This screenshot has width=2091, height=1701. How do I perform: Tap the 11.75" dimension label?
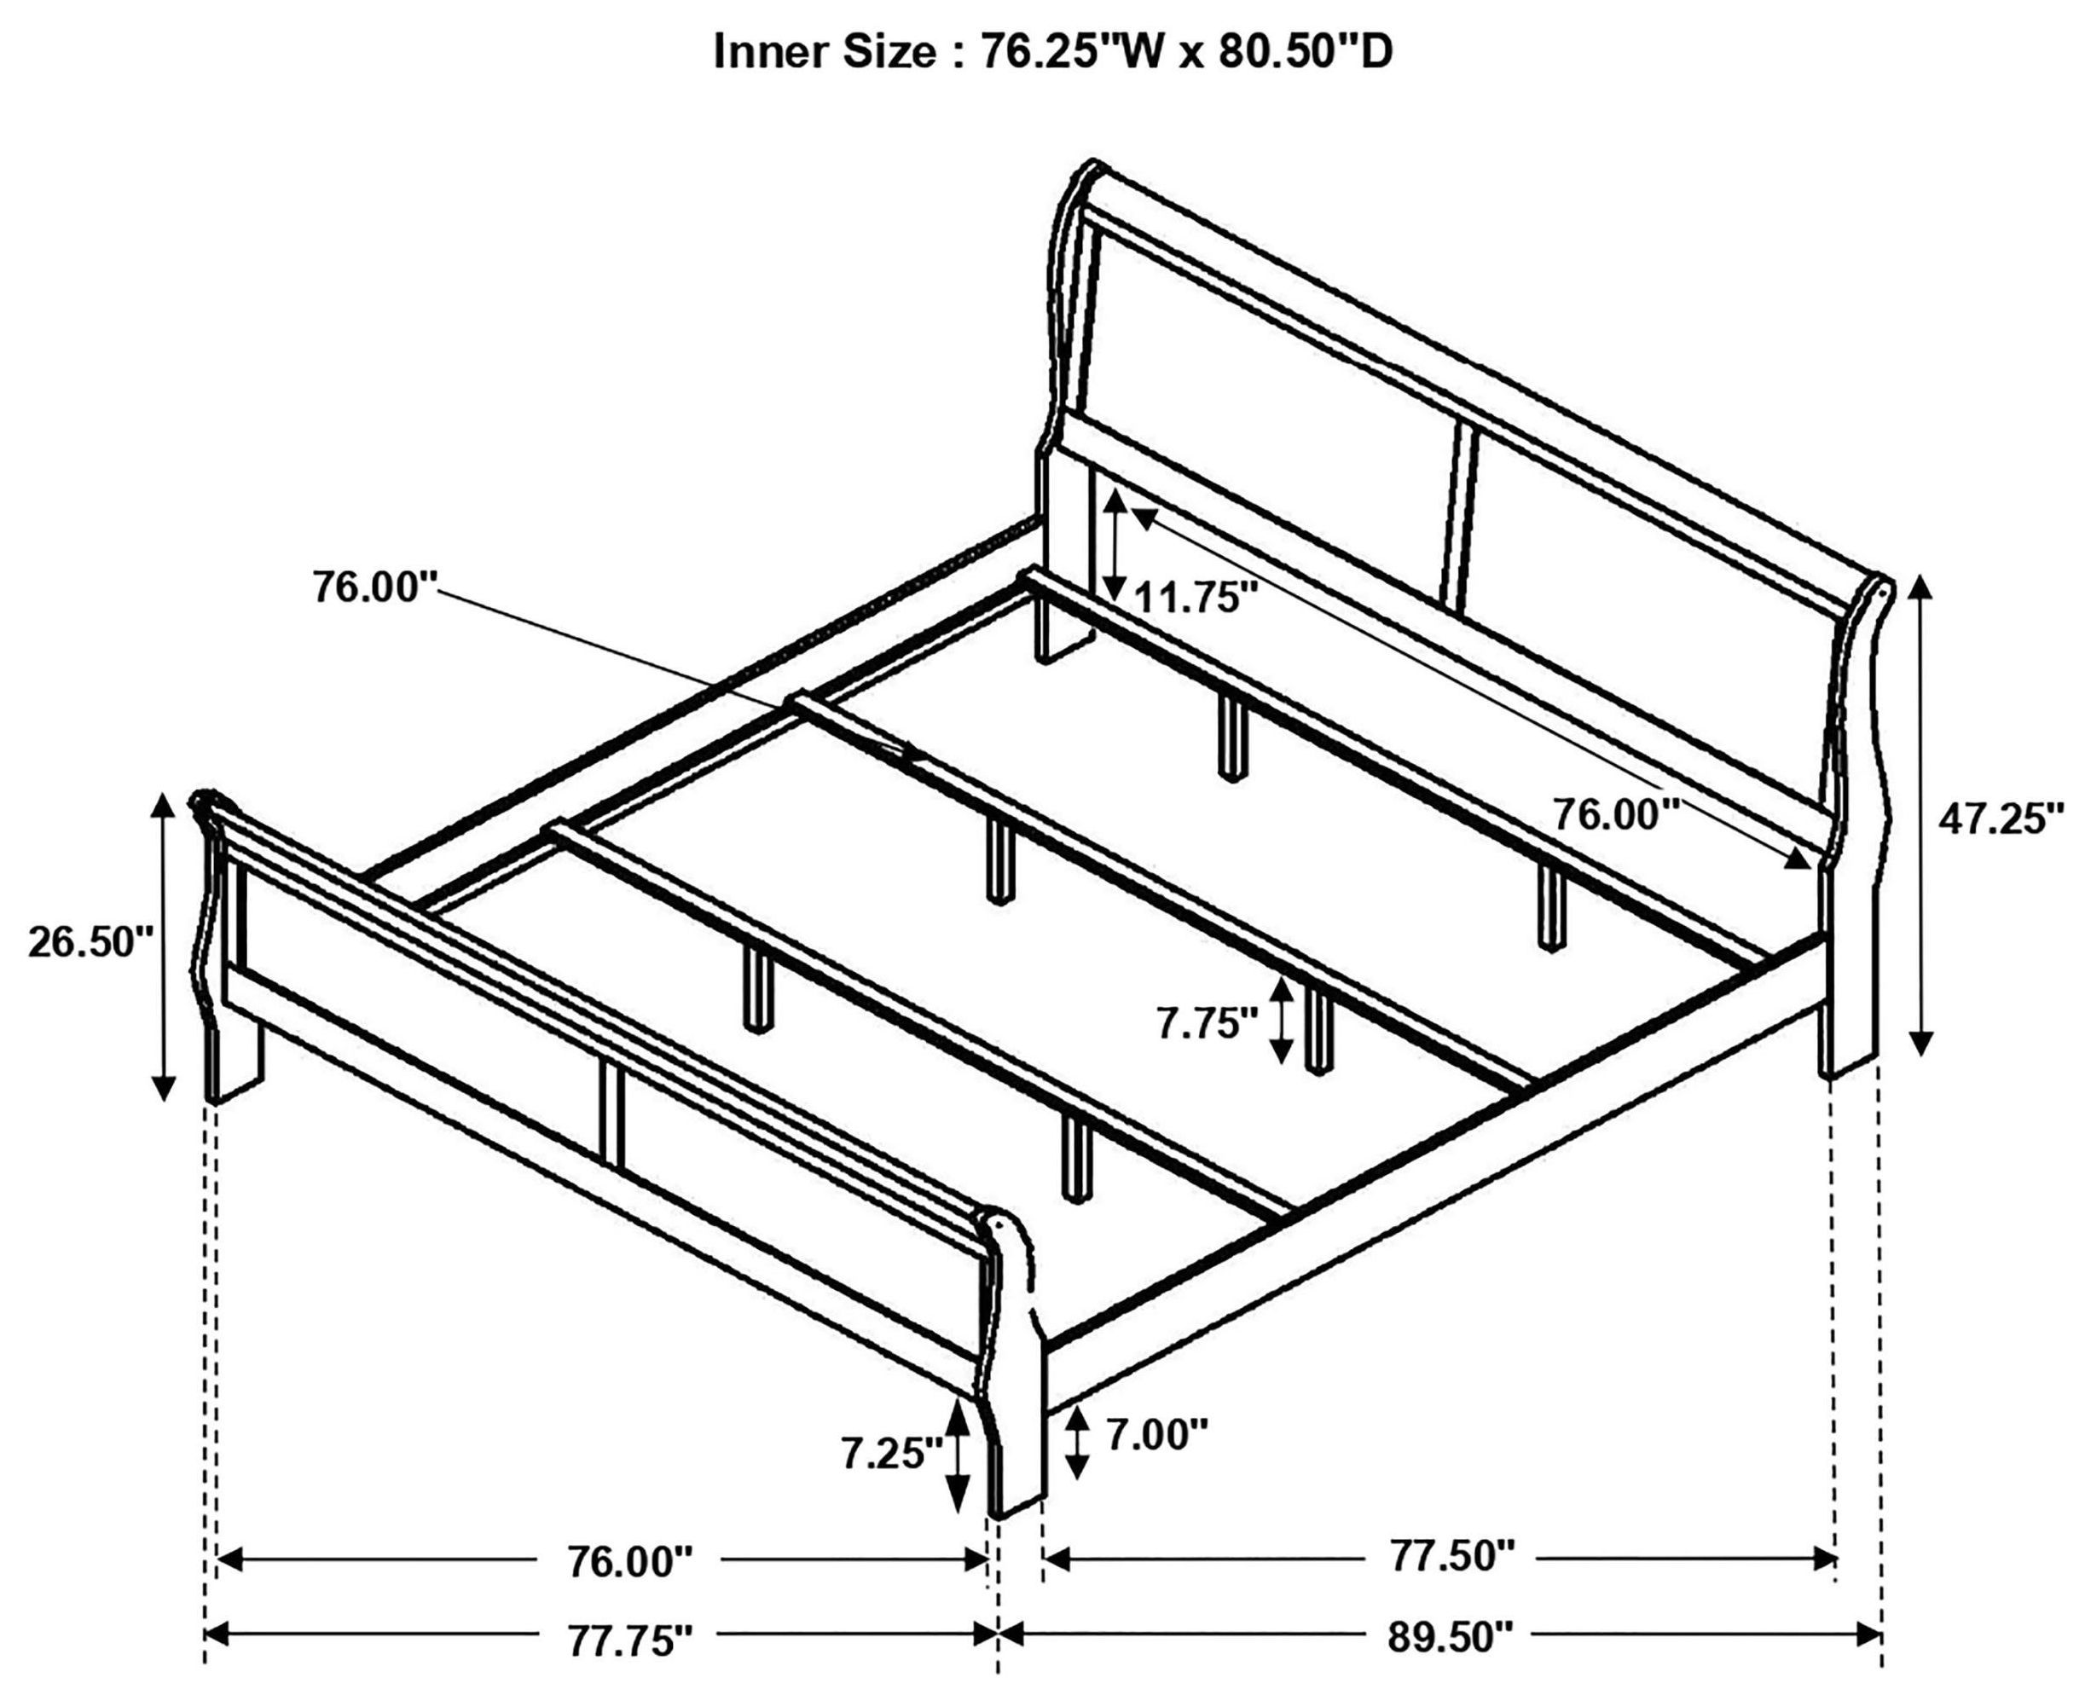1195,597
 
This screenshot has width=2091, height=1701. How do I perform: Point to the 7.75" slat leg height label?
1206,1024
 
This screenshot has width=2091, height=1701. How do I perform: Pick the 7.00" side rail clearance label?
1156,1437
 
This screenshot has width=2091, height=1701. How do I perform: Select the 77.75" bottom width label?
630,1640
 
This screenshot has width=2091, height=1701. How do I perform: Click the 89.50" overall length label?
1451,1636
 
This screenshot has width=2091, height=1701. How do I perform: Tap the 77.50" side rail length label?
1452,1555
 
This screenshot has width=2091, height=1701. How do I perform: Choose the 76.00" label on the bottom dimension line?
630,1563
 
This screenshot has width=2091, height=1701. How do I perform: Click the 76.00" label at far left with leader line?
374,588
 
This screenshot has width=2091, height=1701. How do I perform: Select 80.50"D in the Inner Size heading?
1305,52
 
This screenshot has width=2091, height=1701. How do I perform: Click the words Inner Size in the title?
823,52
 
